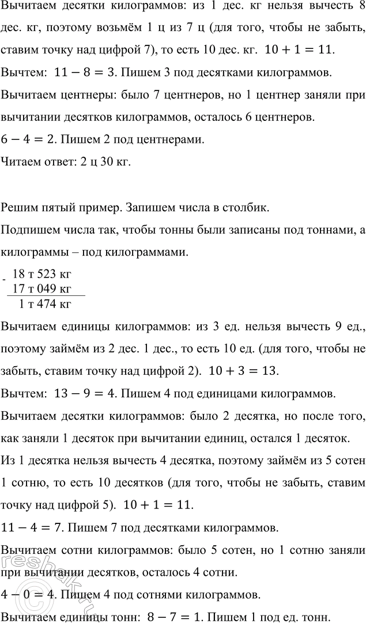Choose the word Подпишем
coord(28,230)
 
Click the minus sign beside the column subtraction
coord(5,279)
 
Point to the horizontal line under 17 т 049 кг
coord(46,295)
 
